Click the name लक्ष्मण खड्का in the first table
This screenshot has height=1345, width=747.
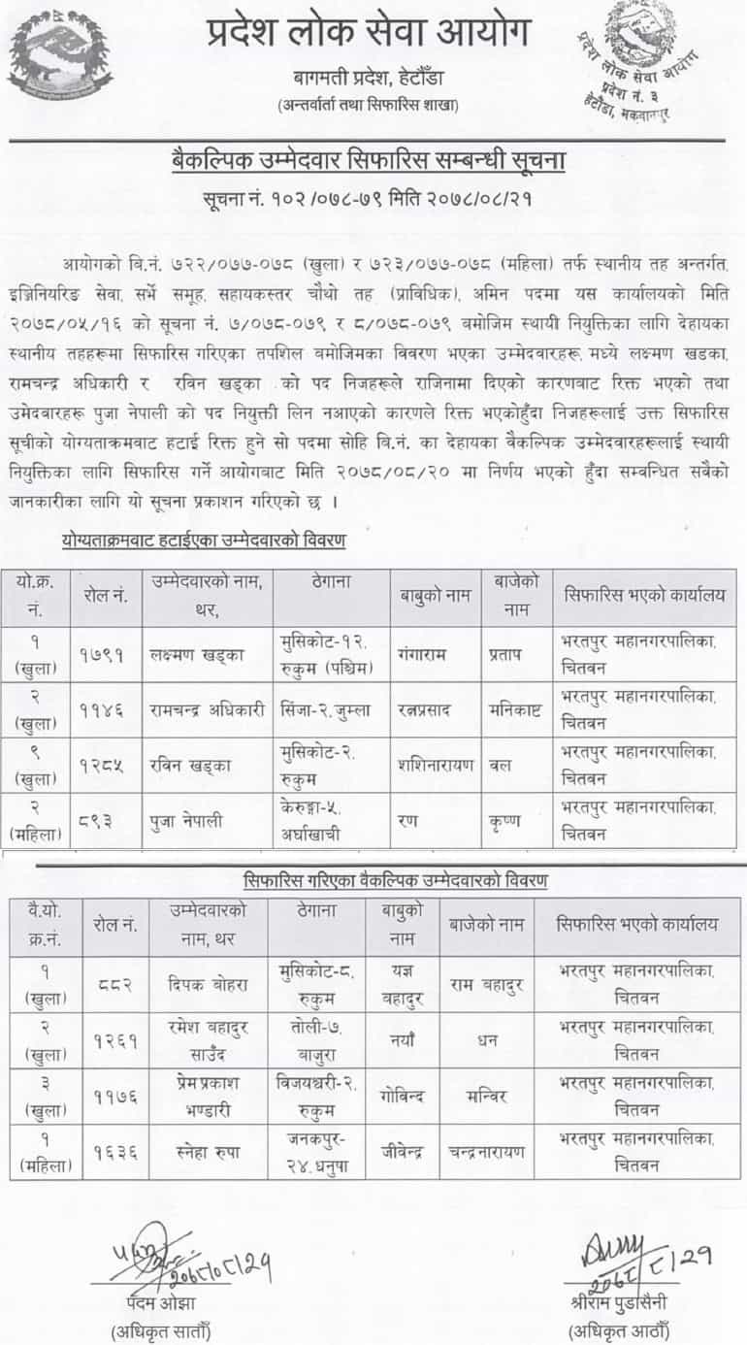(x=192, y=654)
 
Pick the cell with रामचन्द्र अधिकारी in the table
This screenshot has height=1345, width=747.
(x=204, y=708)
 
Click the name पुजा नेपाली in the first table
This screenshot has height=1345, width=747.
(x=188, y=821)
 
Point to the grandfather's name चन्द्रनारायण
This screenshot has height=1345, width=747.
(x=486, y=1152)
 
